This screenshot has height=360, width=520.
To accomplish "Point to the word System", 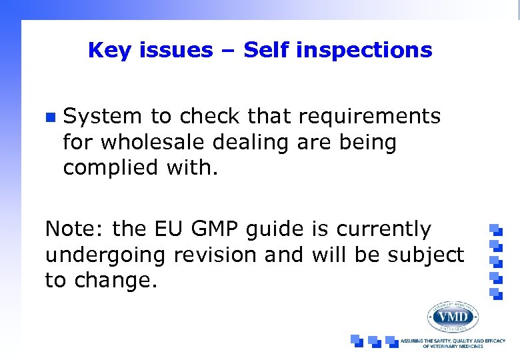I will click(x=103, y=117).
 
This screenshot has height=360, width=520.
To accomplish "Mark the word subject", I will click(x=427, y=255).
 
